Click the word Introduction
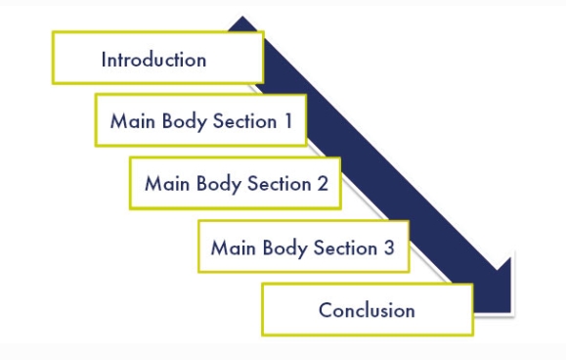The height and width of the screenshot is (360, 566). coord(153,60)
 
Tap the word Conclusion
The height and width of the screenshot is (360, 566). coord(367,310)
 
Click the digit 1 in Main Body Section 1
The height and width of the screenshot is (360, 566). coord(288,120)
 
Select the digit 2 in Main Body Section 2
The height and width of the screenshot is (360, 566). coord(323,184)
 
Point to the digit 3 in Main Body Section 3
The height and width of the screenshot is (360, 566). coord(389,247)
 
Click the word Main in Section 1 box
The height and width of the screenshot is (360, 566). coord(133,120)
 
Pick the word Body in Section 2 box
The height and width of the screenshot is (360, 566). coord(218,184)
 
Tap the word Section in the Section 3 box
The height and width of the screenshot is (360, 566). coord(345,247)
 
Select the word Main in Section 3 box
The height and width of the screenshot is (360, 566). coord(234,247)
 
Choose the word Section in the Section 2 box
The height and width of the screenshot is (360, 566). coord(279,184)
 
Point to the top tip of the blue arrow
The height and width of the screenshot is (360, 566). coord(242,17)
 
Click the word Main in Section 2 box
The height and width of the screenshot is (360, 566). coord(167,184)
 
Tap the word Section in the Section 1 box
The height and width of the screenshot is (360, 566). coord(244,120)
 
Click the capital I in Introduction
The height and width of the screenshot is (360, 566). coord(104,60)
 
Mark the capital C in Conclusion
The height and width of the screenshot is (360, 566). coord(327,310)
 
